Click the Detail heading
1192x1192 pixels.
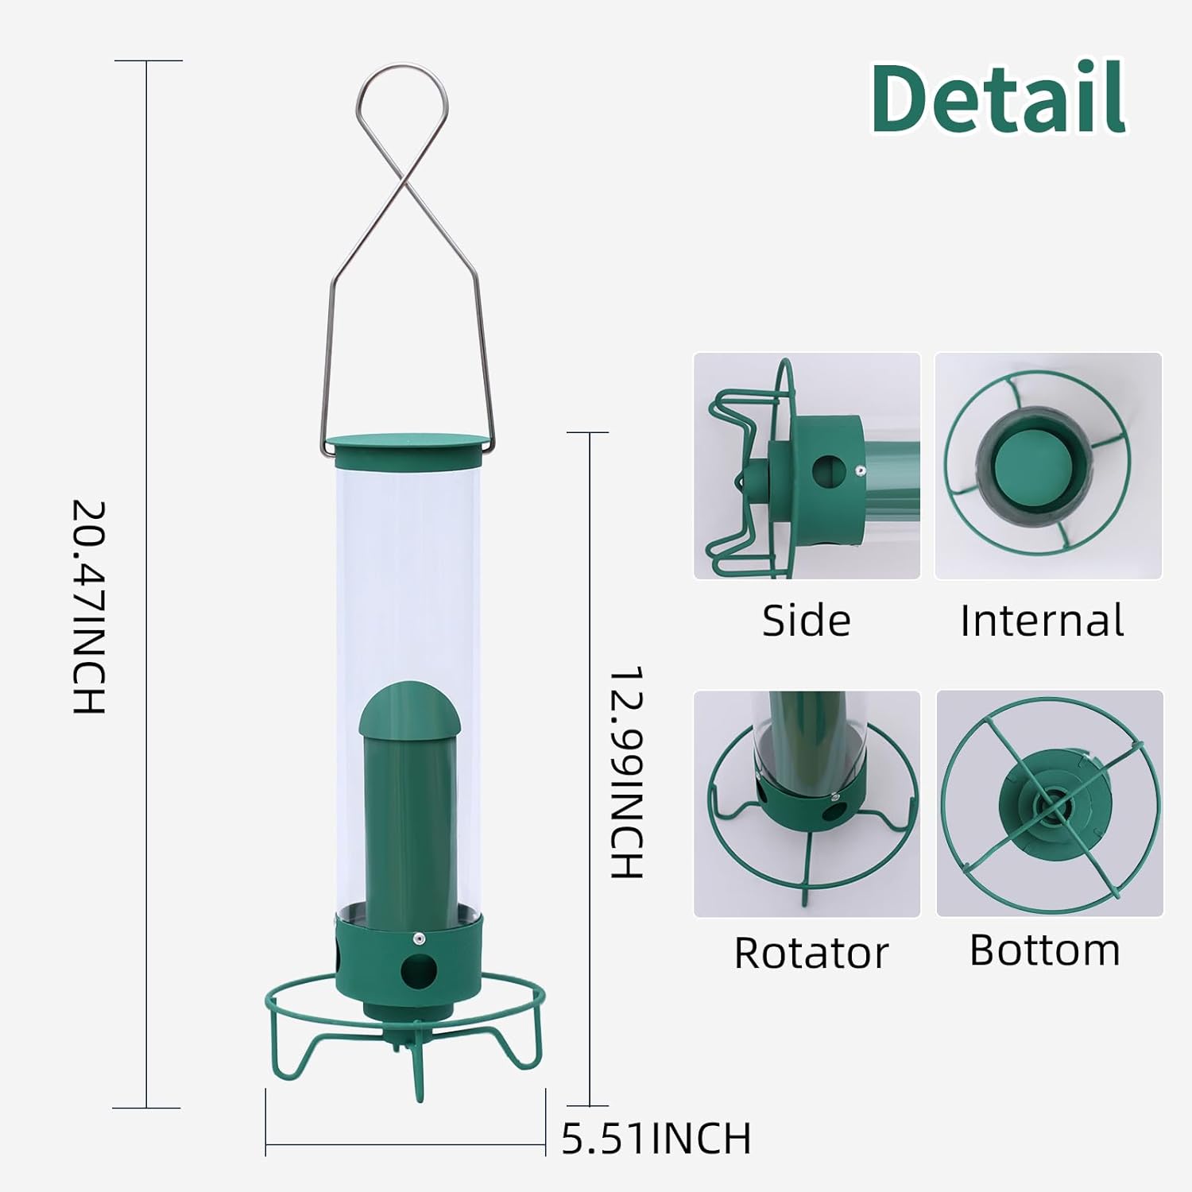click(x=998, y=99)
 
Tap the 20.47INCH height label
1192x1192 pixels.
click(x=89, y=606)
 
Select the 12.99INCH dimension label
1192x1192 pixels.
click(x=625, y=772)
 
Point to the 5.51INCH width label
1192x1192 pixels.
click(x=656, y=1138)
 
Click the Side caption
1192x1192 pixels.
click(x=806, y=621)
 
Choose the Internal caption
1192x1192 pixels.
click(x=1042, y=621)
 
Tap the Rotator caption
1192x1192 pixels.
click(x=811, y=953)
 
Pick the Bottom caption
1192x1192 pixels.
click(x=1044, y=950)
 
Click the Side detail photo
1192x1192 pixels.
click(x=807, y=466)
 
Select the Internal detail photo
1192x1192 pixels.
click(x=1048, y=466)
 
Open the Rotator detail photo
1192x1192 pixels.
click(x=807, y=803)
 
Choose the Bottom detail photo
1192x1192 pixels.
click(x=1050, y=803)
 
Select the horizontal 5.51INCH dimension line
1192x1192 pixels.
click(x=405, y=1145)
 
